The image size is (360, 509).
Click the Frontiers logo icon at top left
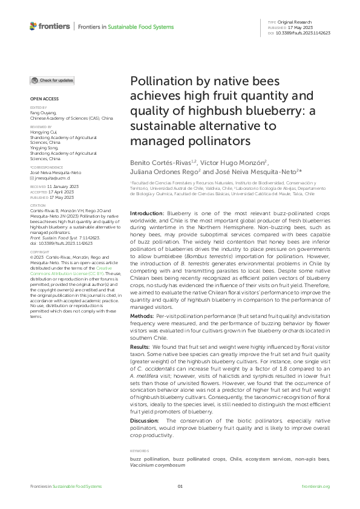coord(33,26)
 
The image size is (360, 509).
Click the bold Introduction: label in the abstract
coord(147,214)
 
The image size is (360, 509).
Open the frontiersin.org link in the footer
coord(315,487)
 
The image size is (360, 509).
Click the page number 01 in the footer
coord(180,487)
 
